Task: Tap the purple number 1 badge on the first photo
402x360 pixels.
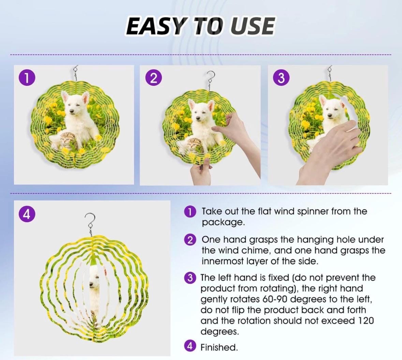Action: [26, 78]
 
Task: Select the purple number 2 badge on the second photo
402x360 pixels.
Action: [153, 78]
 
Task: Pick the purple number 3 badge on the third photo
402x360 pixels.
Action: [281, 78]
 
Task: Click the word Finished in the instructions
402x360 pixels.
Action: [219, 348]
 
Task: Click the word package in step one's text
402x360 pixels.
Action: [223, 223]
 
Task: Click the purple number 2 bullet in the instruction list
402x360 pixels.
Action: [190, 240]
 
